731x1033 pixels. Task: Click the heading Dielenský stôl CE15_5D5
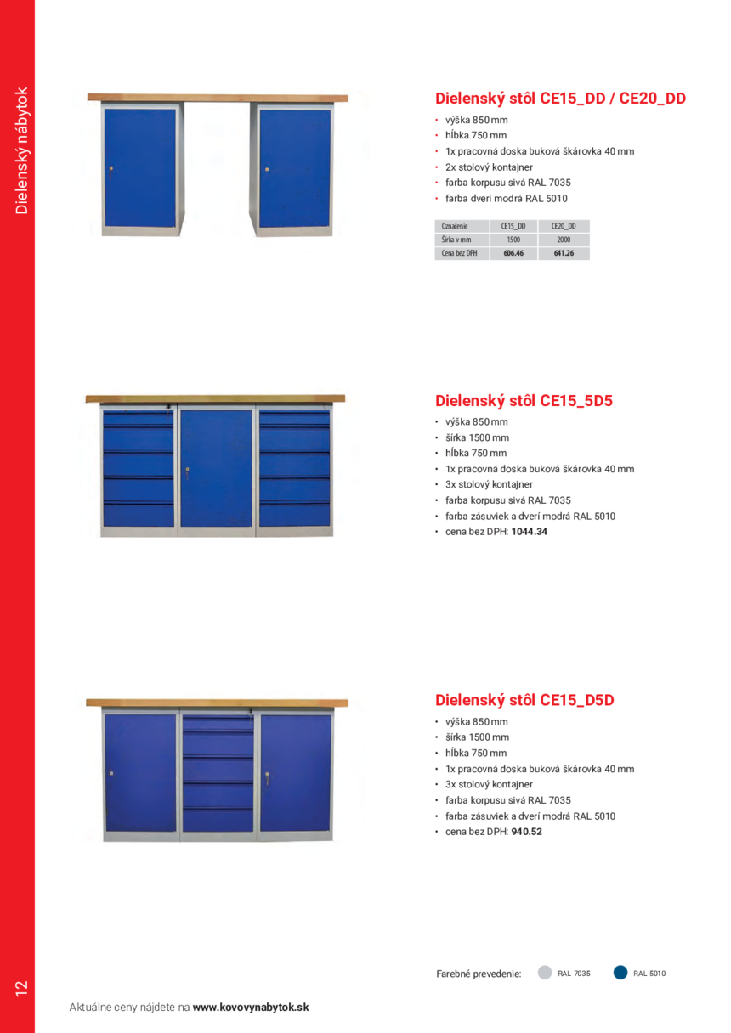[x=524, y=400]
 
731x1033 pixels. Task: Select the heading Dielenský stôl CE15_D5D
[x=524, y=700]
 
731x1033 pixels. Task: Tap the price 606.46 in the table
[x=513, y=253]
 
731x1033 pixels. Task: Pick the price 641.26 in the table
[x=564, y=253]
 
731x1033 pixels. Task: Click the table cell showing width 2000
[x=564, y=240]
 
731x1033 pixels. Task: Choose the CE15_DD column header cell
[x=513, y=226]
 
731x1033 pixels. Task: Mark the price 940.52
[x=527, y=832]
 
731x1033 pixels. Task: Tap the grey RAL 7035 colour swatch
[x=545, y=973]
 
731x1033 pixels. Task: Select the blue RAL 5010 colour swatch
[x=620, y=973]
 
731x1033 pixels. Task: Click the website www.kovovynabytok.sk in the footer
[x=251, y=1008]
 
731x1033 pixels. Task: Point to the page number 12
[x=21, y=988]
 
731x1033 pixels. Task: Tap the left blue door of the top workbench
[x=139, y=168]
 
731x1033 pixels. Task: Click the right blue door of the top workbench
[x=294, y=168]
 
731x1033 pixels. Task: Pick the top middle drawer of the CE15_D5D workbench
[x=217, y=724]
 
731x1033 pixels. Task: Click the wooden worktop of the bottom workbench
[x=217, y=703]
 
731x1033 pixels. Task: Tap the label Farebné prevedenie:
[x=478, y=974]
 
